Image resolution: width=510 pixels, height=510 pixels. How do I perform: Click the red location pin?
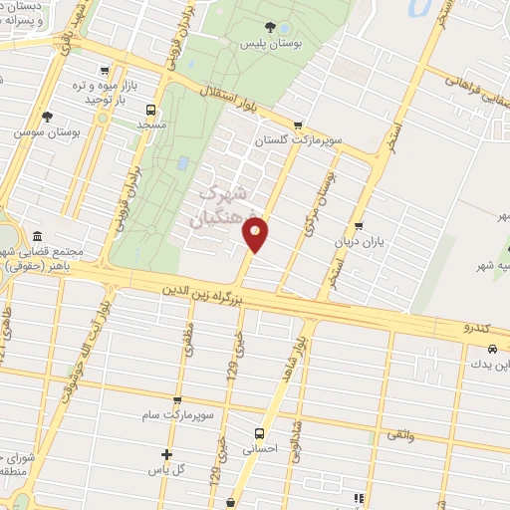click(x=256, y=234)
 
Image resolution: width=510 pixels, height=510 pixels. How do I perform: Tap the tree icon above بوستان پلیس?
click(x=271, y=28)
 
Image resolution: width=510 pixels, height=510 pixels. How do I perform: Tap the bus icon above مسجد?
click(x=150, y=111)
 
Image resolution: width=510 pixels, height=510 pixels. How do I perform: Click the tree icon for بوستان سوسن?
click(x=47, y=116)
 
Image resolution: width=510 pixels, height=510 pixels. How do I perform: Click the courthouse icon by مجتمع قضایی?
click(x=37, y=237)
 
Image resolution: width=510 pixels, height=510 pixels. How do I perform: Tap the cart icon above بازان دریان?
click(x=359, y=225)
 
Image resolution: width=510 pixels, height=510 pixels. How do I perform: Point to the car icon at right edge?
click(x=494, y=350)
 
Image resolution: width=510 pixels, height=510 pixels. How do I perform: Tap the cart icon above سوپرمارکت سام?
click(x=177, y=399)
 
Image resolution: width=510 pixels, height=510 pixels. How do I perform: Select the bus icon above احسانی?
click(x=258, y=433)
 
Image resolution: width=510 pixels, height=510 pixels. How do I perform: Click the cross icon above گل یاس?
click(x=167, y=454)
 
